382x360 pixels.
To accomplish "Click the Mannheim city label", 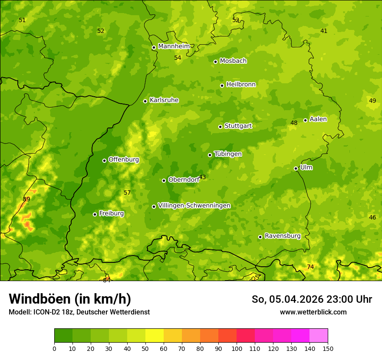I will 174,46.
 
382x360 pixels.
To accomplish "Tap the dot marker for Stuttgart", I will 220,127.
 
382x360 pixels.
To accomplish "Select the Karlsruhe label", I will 164,100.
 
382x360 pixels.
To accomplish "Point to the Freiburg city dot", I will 95,214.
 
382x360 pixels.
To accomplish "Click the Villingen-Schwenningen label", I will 194,205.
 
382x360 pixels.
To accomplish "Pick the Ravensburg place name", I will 282,236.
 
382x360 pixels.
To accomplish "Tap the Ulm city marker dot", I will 296,168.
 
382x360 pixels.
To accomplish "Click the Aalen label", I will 318,119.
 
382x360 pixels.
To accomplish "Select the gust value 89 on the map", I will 26,199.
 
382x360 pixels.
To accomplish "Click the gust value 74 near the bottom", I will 310,267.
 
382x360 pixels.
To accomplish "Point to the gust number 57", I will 127,193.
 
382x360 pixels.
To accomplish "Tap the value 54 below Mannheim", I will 178,58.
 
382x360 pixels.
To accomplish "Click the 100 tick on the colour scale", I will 237,348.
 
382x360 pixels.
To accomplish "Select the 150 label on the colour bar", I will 328,348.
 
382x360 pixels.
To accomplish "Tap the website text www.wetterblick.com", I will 313,312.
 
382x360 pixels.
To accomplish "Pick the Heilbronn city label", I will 241,84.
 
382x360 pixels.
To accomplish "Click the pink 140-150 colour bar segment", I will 319,335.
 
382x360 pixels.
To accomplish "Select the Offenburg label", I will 123,159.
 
